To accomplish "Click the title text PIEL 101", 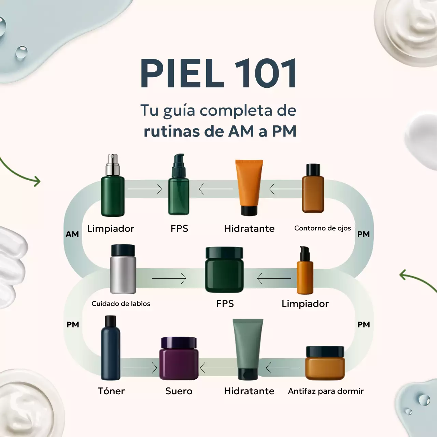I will tap(218, 73).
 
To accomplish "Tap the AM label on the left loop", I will tap(72, 234).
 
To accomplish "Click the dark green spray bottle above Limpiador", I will tap(113, 195).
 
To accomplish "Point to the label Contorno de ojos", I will tap(322, 228).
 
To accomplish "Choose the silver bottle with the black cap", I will tap(123, 270).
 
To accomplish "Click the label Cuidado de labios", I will tap(121, 304).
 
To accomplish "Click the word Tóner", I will tap(111, 391).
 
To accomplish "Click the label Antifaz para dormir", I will tap(326, 391).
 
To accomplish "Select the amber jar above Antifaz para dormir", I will tap(325, 363).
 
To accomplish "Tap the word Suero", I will tap(179, 391).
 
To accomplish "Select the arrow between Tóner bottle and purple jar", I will tap(140, 368).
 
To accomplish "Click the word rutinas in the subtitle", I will tap(171, 131).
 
